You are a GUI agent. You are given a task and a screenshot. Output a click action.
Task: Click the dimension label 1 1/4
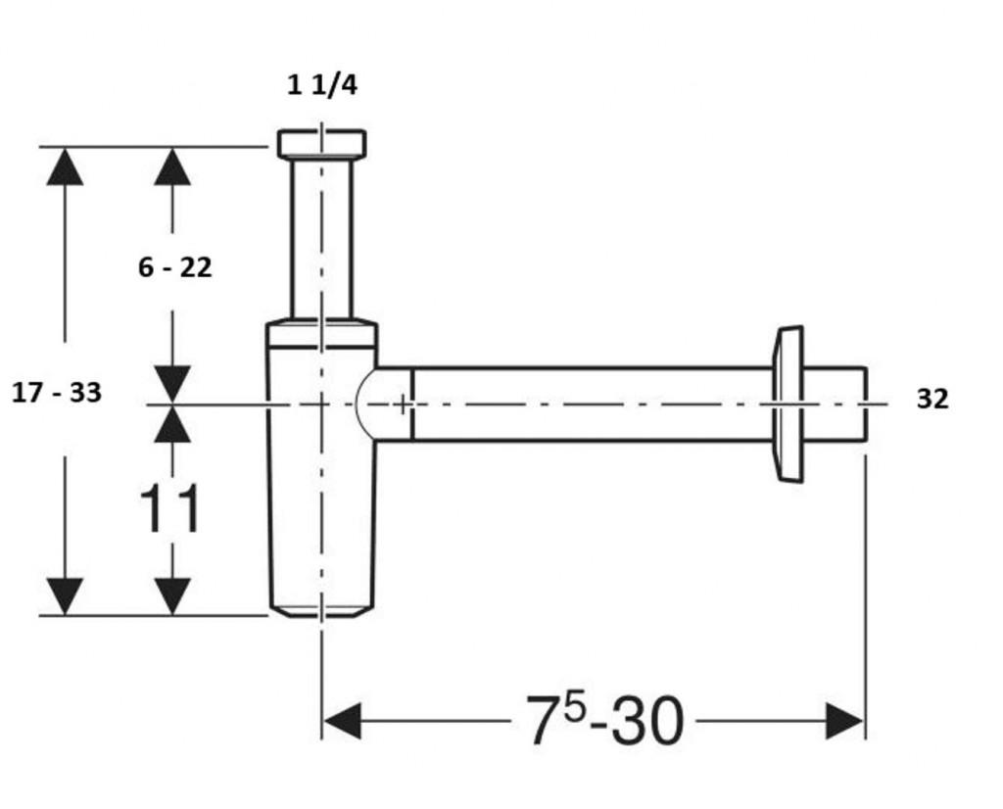pos(321,85)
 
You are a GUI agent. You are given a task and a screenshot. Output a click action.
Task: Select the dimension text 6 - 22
pos(174,267)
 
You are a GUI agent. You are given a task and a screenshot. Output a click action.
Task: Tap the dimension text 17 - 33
pos(57,392)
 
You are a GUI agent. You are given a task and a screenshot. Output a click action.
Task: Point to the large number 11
pos(170,508)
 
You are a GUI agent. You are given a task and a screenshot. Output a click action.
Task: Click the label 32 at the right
pos(932,399)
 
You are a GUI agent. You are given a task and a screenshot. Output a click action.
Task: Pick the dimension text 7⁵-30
pos(604,721)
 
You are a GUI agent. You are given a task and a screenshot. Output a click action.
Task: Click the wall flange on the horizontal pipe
pos(788,404)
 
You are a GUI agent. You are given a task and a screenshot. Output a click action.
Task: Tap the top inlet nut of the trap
pos(321,143)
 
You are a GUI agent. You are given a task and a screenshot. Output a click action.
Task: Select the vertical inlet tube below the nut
pos(321,238)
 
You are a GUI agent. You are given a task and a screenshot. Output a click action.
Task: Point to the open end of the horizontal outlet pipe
pos(866,404)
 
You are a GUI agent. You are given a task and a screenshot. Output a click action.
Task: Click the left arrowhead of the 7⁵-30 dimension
pos(343,721)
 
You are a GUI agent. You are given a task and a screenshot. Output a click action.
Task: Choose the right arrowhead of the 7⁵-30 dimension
pos(844,721)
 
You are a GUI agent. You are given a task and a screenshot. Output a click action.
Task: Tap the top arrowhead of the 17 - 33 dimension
pos(65,167)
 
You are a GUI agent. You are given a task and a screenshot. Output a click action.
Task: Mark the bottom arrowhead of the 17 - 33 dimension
pos(65,596)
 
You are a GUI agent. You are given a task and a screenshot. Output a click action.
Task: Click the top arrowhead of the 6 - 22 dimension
pos(172,167)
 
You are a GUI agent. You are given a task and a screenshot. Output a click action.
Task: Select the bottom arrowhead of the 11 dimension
pos(172,596)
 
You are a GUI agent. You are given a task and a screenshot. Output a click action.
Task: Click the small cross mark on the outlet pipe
pos(402,404)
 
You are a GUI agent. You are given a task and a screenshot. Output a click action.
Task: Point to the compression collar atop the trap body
pos(321,333)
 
